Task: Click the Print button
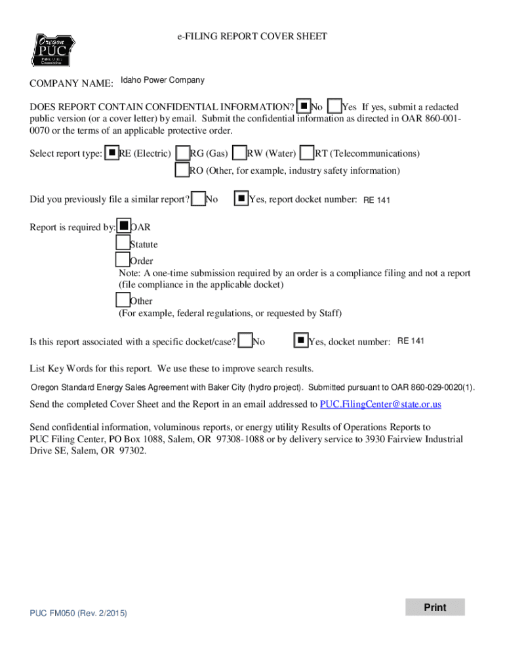[435, 607]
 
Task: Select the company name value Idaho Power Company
[163, 81]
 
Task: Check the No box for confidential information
[304, 106]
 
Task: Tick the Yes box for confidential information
[334, 106]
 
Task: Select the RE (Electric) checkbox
[112, 153]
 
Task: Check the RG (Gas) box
[183, 153]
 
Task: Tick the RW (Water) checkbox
[240, 153]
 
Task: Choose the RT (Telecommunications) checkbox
[307, 153]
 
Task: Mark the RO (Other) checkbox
[182, 170]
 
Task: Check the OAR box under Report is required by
[123, 226]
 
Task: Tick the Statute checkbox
[123, 243]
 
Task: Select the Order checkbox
[123, 260]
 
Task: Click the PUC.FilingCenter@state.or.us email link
[380, 404]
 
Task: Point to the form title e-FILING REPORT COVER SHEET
[252, 37]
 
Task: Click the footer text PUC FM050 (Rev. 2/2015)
[78, 613]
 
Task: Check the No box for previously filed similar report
[198, 198]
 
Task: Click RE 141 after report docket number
[376, 200]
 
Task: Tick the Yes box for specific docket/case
[300, 341]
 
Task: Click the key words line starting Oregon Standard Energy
[253, 387]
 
